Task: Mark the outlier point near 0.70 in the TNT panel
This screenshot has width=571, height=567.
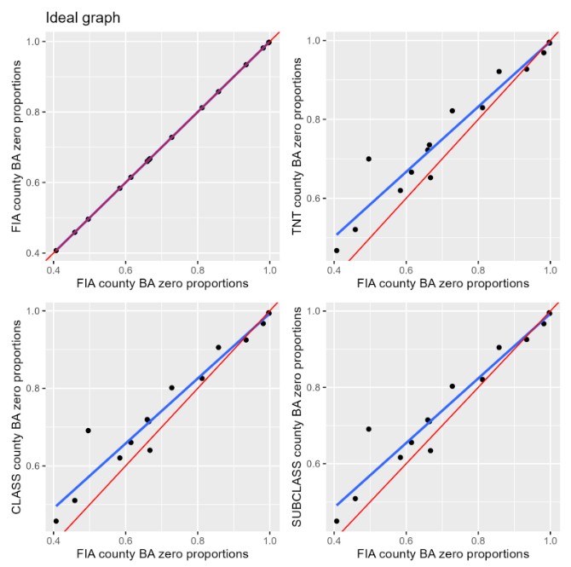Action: pos(368,159)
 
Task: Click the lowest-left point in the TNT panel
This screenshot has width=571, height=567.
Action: pos(337,251)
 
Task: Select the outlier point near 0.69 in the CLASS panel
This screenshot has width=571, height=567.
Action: pos(88,431)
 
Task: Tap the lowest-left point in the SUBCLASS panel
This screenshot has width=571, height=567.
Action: pos(337,521)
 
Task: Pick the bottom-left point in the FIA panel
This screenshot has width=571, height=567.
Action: pos(56,251)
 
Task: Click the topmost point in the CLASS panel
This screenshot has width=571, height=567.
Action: pos(268,313)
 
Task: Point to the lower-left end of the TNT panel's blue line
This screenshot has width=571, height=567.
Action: pos(337,234)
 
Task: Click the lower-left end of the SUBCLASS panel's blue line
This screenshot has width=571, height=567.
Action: pos(337,505)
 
